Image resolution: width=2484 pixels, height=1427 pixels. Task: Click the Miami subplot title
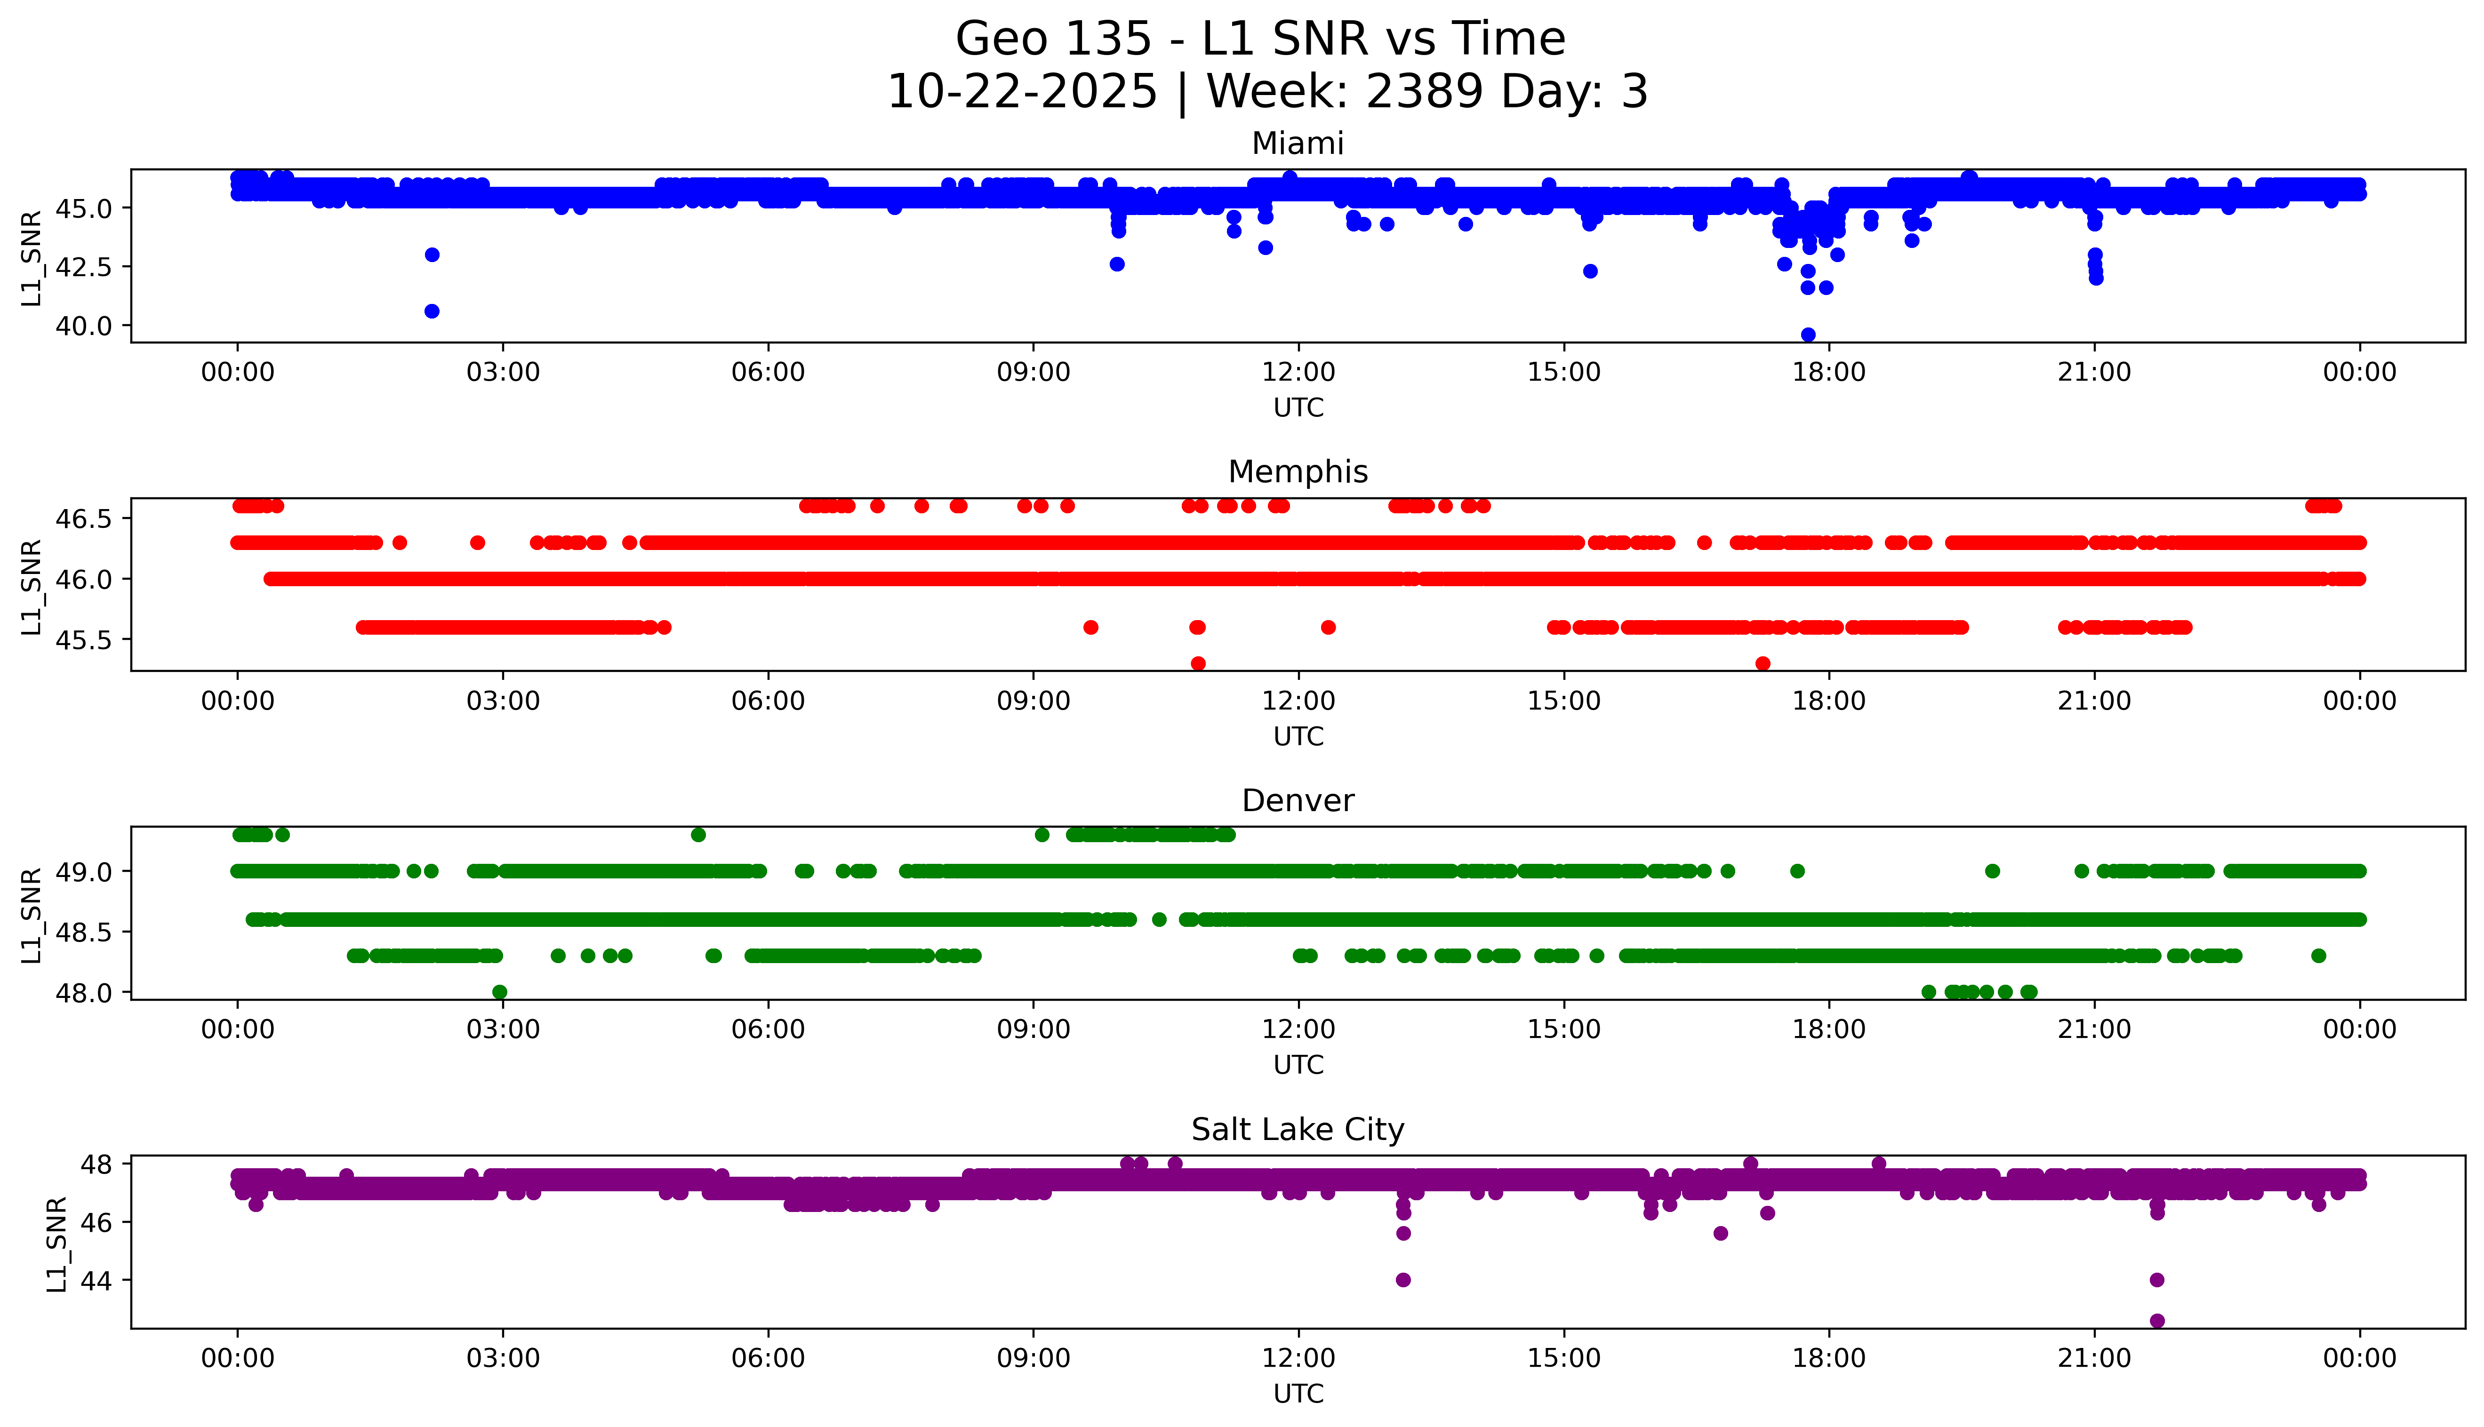tap(1297, 144)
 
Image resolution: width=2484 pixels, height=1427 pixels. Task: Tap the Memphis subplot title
tap(1297, 472)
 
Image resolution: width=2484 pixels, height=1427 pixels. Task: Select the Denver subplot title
tap(1297, 801)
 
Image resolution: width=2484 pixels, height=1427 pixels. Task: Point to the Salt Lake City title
tap(1297, 1130)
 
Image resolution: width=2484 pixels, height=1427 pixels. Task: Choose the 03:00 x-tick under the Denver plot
tap(503, 1029)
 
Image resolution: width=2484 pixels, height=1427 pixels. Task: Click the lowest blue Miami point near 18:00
tap(1808, 335)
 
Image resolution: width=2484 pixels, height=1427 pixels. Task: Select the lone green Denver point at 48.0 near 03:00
tap(500, 992)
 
